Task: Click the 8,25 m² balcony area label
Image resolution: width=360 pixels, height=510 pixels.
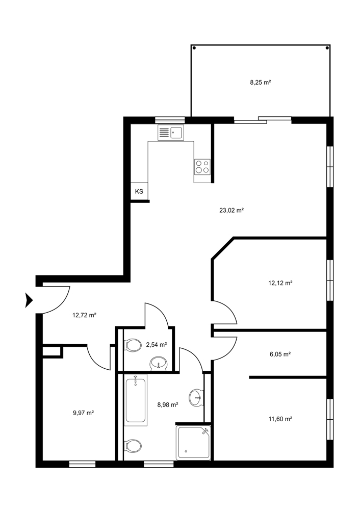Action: coord(261,82)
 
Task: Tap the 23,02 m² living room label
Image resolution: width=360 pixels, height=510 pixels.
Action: coord(232,210)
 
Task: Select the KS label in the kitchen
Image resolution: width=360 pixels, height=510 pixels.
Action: coord(139,192)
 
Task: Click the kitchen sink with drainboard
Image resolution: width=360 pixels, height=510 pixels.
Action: coord(171,133)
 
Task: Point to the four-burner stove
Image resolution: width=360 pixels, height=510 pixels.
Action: coord(202,167)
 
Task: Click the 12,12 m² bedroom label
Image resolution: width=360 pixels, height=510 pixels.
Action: coord(280,283)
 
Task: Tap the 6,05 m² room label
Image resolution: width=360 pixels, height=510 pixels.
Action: coord(280,354)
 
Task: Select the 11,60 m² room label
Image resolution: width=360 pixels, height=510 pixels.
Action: coord(280,419)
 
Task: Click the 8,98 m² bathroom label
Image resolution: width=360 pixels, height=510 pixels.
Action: coord(167,405)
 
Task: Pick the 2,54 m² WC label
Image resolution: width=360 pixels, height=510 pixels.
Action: coord(157,345)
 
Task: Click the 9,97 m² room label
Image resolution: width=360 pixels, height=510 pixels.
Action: coord(84,413)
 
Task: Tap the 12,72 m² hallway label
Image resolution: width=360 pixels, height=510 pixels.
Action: coord(84,315)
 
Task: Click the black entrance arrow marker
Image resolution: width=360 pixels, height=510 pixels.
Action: coord(29,300)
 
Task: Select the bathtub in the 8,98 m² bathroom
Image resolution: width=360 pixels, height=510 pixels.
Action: coord(136,400)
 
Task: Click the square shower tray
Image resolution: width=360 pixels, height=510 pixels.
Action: coord(193,443)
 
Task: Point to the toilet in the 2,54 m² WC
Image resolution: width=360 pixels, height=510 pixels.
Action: coord(133,345)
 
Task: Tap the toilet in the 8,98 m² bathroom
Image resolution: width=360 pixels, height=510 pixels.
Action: coord(133,446)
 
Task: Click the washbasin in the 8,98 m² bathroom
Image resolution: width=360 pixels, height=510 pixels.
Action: coord(196,397)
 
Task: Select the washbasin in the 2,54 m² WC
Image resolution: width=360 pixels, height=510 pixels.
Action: coord(159,363)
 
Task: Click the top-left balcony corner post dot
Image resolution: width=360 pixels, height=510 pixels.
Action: coord(194,48)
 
